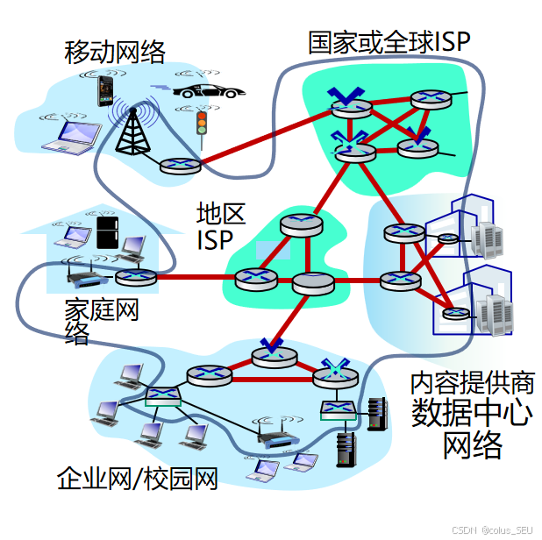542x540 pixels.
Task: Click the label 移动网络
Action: pyautogui.click(x=115, y=52)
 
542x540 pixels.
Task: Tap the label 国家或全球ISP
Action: pyautogui.click(x=389, y=41)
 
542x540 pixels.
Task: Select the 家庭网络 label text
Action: pyautogui.click(x=102, y=320)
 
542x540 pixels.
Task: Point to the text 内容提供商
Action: pyautogui.click(x=472, y=382)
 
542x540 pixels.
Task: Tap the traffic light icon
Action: pyautogui.click(x=202, y=124)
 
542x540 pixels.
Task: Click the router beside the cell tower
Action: pyautogui.click(x=180, y=165)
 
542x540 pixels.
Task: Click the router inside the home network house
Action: pyautogui.click(x=136, y=277)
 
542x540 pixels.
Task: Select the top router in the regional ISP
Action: pyautogui.click(x=296, y=224)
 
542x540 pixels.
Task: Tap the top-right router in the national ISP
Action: pyautogui.click(x=431, y=98)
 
